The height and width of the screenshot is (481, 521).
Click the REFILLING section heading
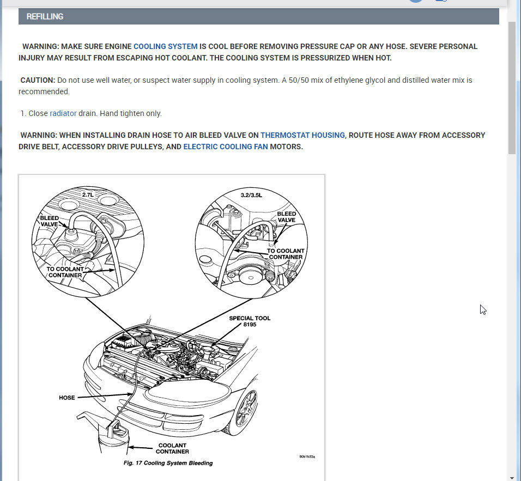coord(45,16)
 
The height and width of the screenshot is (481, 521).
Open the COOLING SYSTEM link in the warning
coord(165,46)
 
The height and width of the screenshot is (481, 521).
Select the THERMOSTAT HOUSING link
coord(302,135)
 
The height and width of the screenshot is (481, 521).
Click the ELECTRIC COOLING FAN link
coord(225,147)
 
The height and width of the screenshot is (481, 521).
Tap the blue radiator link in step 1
coord(63,113)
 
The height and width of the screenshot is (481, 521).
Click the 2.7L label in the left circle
coord(88,194)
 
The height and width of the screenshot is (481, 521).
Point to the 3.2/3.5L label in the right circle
coord(251,194)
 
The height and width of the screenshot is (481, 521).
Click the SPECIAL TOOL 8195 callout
coord(250,321)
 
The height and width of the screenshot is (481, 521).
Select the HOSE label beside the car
coord(66,398)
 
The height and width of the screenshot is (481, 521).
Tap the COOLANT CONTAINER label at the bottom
coord(172,448)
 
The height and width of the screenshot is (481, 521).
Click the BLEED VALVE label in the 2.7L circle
coord(50,221)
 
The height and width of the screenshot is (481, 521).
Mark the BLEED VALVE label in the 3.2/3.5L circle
coord(286,217)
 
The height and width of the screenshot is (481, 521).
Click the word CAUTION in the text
coord(38,80)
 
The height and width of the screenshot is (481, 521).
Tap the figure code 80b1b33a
coord(307,456)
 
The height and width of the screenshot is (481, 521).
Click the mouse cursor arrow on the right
coord(482,309)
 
